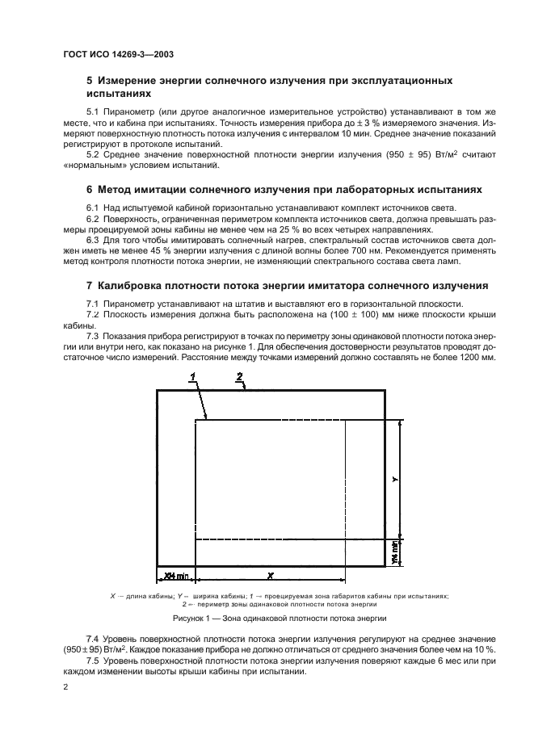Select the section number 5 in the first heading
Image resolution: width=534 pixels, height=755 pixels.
tap(89, 82)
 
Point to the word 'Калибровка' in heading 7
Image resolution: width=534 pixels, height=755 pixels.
tap(133, 285)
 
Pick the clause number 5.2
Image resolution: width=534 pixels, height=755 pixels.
tap(93, 153)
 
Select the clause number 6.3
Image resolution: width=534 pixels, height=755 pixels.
tap(93, 240)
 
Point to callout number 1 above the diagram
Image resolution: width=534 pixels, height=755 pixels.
tap(193, 376)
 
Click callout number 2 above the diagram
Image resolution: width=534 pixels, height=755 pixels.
tap(240, 375)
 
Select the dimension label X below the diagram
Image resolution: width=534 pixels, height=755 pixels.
tap(271, 575)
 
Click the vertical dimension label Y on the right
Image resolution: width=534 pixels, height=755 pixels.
tap(395, 478)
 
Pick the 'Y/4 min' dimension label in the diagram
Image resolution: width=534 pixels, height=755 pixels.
tap(395, 553)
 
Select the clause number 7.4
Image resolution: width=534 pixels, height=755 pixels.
tap(93, 639)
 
